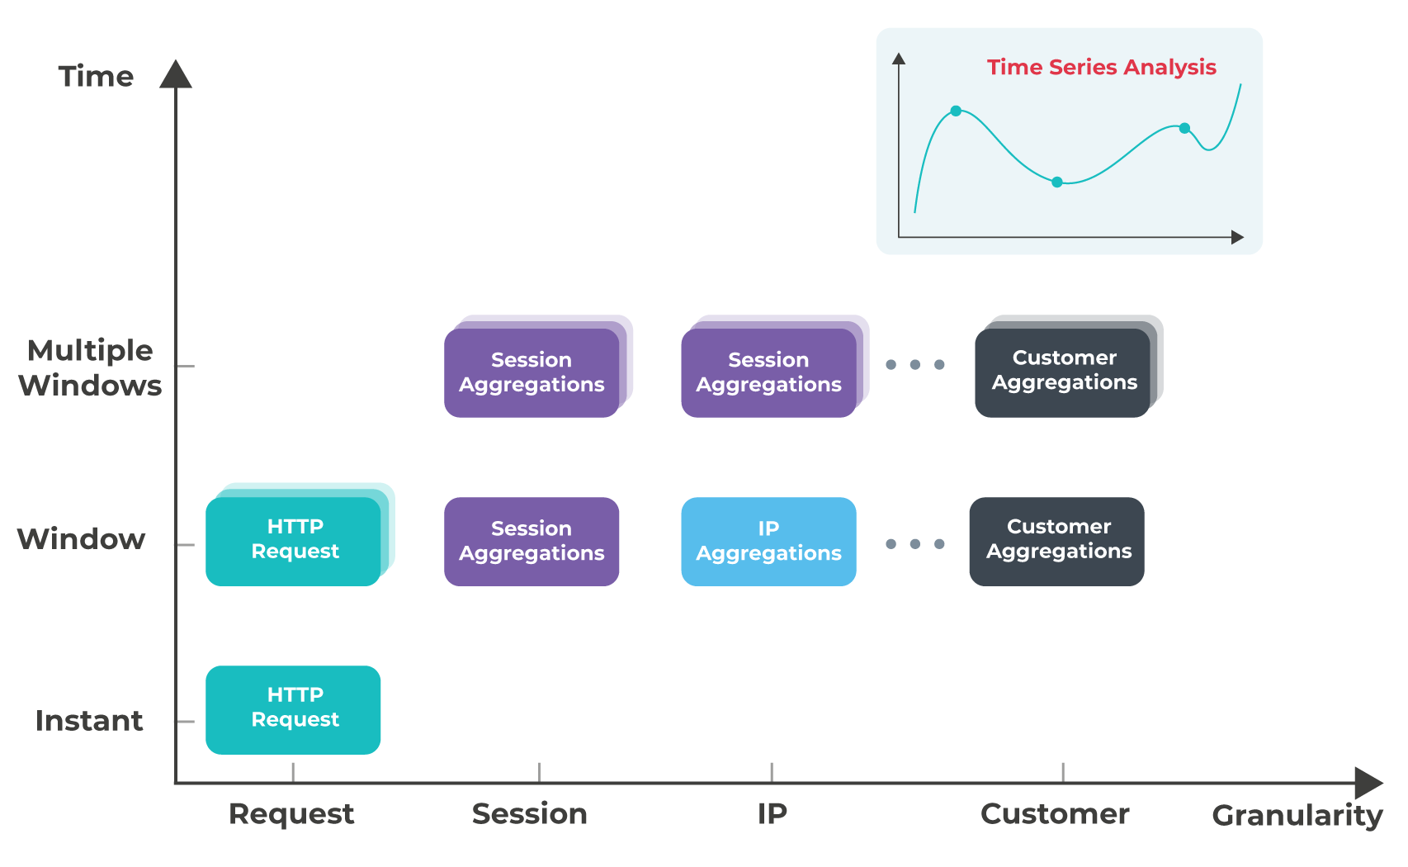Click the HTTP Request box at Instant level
293,709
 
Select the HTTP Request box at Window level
293,541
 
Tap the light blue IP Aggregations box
768,541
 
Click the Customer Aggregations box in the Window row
1056,541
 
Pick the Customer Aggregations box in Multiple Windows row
1062,372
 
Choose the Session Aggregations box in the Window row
532,541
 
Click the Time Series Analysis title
1101,67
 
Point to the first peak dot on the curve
956,111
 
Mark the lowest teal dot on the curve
1057,182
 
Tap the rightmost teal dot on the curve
1184,128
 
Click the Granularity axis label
1297,815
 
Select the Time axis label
96,76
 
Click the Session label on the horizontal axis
529,813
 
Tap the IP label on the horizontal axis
772,813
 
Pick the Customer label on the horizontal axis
1055,813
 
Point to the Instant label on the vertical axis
89,720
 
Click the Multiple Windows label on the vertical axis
90,367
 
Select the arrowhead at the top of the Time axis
176,74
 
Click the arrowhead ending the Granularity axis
1368,783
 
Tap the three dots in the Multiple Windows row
914,364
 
